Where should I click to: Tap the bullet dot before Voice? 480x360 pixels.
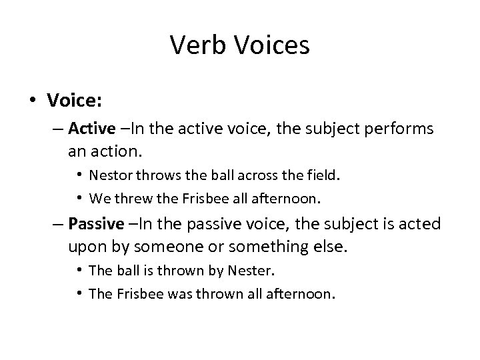click(x=33, y=101)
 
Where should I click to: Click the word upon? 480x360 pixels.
click(x=85, y=247)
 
